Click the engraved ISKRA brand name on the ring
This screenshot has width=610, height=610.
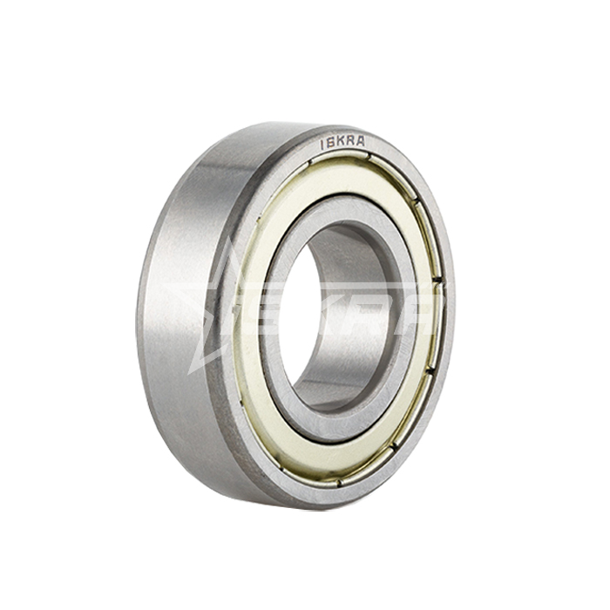point(342,142)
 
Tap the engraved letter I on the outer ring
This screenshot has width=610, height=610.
point(322,146)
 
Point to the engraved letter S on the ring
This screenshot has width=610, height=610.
point(329,144)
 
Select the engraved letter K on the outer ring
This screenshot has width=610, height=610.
point(339,142)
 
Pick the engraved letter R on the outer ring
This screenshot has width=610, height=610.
point(349,141)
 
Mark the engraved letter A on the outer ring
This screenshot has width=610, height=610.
point(360,141)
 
